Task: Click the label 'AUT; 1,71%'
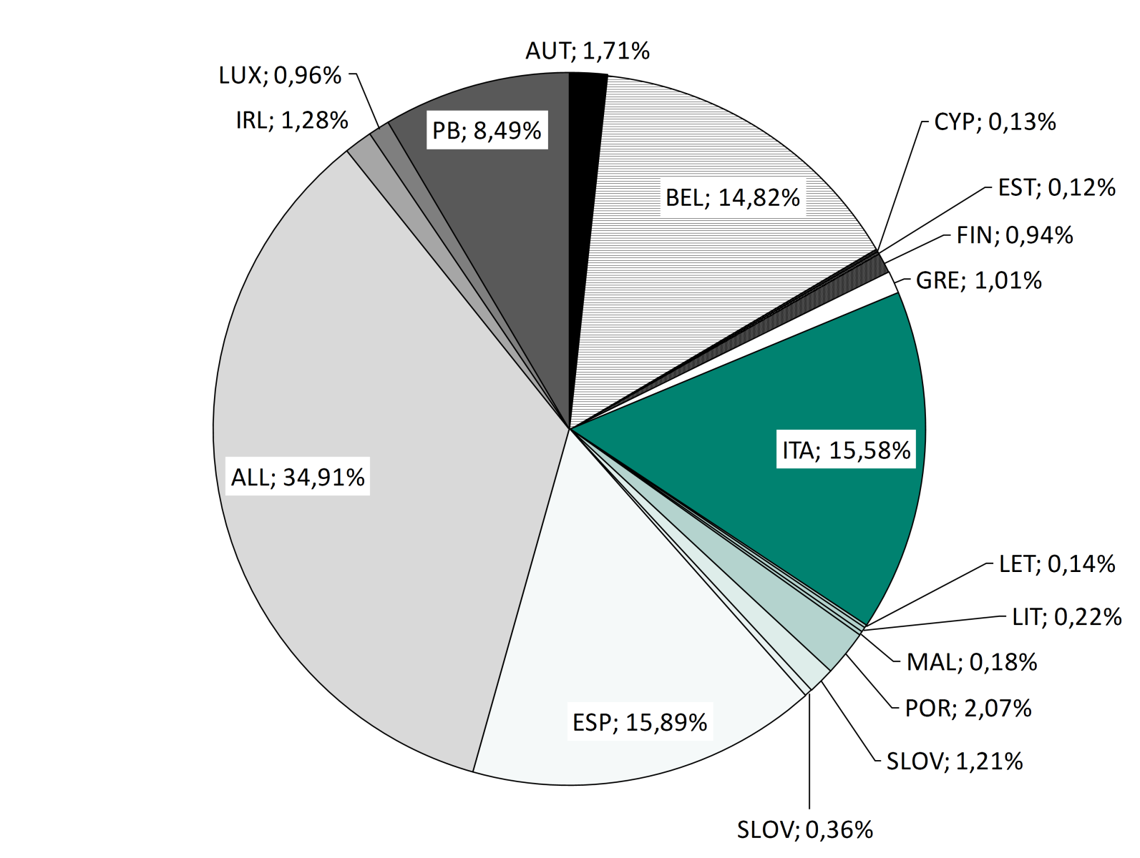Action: (x=588, y=51)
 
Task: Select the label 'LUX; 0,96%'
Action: (x=280, y=76)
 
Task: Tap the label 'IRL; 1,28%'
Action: (x=292, y=121)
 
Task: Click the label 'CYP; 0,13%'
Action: (x=995, y=122)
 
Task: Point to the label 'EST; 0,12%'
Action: (x=1056, y=188)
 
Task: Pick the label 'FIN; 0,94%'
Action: (x=1015, y=235)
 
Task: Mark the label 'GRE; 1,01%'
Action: (x=978, y=280)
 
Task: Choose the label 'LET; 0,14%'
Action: (x=1056, y=564)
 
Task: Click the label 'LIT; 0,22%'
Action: (x=1066, y=616)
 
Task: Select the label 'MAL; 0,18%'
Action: (x=972, y=662)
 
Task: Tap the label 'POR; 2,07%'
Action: (x=968, y=709)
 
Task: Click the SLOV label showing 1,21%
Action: (x=955, y=761)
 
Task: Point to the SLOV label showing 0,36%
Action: (x=805, y=830)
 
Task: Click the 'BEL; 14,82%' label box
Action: (x=733, y=197)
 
